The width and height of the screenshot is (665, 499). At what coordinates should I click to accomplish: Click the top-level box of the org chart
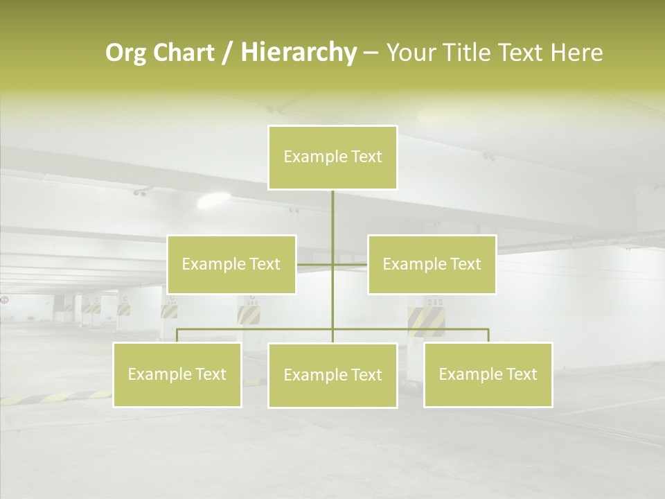pyautogui.click(x=332, y=157)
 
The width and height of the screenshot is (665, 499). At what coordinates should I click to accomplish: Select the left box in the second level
pyautogui.click(x=231, y=264)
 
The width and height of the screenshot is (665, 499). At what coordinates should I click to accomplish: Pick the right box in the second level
pyautogui.click(x=432, y=264)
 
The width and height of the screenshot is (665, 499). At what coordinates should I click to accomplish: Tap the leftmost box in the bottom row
pyautogui.click(x=177, y=374)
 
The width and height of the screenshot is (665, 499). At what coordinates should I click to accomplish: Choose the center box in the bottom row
pyautogui.click(x=332, y=375)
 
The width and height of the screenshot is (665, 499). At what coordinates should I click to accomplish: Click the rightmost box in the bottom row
pyautogui.click(x=488, y=374)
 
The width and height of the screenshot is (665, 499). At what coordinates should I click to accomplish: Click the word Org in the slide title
pyautogui.click(x=125, y=53)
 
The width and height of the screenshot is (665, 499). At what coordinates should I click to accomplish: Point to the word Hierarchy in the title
pyautogui.click(x=299, y=53)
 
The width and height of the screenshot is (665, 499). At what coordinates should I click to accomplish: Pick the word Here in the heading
pyautogui.click(x=576, y=53)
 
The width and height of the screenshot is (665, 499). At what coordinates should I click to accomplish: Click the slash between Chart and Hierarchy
pyautogui.click(x=227, y=53)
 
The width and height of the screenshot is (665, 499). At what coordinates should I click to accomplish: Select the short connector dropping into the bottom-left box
pyautogui.click(x=177, y=335)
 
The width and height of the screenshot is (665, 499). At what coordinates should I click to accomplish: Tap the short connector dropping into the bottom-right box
pyautogui.click(x=488, y=335)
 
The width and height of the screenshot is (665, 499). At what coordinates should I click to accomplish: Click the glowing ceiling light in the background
pyautogui.click(x=213, y=202)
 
